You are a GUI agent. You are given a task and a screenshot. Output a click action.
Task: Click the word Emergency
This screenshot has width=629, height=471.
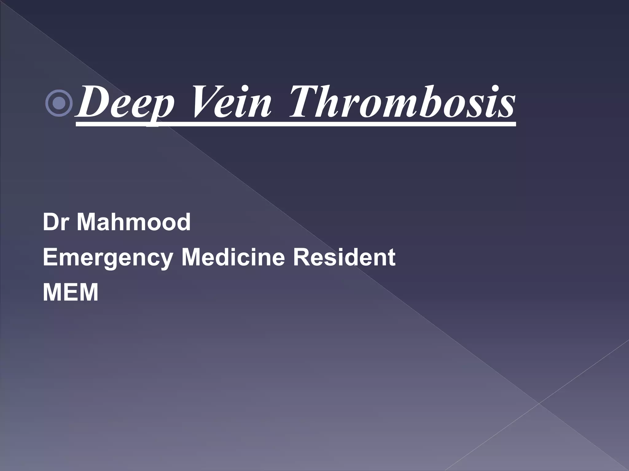click(x=108, y=258)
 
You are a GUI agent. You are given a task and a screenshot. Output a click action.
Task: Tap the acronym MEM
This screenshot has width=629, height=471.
click(x=71, y=292)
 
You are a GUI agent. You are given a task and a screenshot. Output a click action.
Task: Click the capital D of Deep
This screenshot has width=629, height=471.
click(x=92, y=101)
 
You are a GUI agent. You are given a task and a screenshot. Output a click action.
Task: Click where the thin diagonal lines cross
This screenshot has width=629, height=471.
click(x=539, y=404)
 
